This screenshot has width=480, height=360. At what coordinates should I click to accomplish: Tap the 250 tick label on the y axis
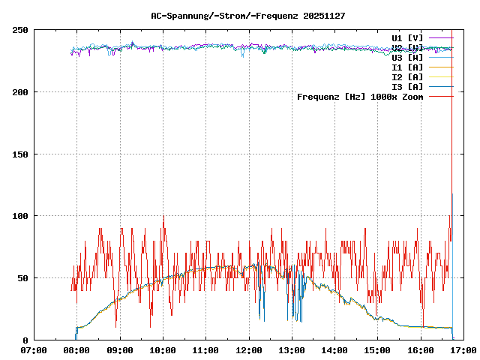click(x=20, y=30)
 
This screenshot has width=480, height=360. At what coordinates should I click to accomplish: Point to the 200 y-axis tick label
click(x=20, y=92)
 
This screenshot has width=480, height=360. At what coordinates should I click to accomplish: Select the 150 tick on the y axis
click(x=20, y=154)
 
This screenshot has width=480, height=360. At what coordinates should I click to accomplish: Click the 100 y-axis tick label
click(x=20, y=216)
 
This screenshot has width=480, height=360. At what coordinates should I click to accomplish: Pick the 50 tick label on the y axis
click(x=22, y=278)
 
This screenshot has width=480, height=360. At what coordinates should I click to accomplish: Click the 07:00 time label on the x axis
click(x=34, y=350)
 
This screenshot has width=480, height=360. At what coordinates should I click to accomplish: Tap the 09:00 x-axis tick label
click(x=120, y=350)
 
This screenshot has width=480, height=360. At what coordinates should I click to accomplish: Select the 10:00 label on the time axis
click(x=163, y=350)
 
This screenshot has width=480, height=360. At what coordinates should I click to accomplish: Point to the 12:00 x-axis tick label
click(x=248, y=350)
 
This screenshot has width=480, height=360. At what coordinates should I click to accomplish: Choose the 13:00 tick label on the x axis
click(x=291, y=350)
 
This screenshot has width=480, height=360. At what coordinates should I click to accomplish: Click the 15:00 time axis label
click(x=377, y=350)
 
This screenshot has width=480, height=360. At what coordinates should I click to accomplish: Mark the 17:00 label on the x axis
click(x=463, y=350)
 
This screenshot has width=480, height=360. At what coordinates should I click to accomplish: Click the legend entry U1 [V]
click(x=407, y=37)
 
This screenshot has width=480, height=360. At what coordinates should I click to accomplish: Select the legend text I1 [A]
click(x=407, y=67)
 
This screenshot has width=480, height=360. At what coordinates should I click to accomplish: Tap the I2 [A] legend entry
click(x=407, y=76)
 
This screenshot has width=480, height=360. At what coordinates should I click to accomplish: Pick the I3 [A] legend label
click(x=407, y=86)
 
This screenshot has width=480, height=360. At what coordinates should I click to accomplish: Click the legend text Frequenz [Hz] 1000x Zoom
click(x=360, y=96)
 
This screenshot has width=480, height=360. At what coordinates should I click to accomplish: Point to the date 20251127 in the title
click(x=324, y=15)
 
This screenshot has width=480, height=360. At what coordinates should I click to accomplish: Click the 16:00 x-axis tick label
click(x=420, y=350)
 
